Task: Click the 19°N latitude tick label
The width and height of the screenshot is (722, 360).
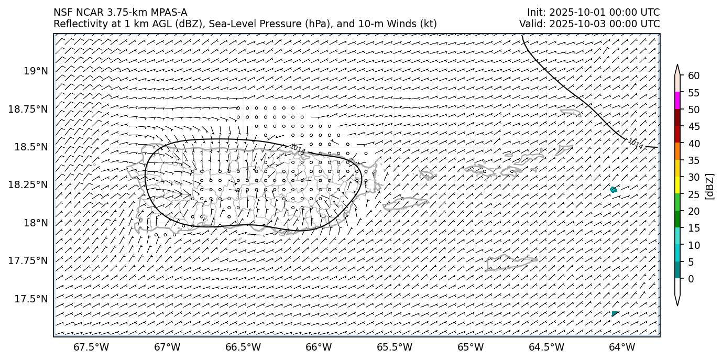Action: [x=36, y=71]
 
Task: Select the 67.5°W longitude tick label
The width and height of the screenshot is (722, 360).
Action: [x=91, y=347]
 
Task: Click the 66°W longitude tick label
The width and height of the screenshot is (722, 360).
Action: [x=319, y=347]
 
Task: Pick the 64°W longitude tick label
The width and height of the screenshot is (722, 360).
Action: [x=622, y=347]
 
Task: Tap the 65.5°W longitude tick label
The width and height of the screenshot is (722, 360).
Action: [x=395, y=347]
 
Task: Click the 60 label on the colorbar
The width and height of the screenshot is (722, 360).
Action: [x=694, y=76]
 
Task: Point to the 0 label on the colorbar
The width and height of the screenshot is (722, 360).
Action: [x=691, y=279]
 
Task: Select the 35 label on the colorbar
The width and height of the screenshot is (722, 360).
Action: [x=694, y=160]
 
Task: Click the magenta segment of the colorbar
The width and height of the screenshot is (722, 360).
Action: [x=677, y=101]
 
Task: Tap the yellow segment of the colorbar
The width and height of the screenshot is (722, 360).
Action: [x=677, y=184]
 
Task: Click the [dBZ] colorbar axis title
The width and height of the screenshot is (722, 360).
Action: [x=710, y=186]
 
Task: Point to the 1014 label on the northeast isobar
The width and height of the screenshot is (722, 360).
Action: [x=635, y=144]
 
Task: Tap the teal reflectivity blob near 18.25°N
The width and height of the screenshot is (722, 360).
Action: [x=614, y=190]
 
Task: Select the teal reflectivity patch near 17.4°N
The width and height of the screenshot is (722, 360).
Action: [x=614, y=313]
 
